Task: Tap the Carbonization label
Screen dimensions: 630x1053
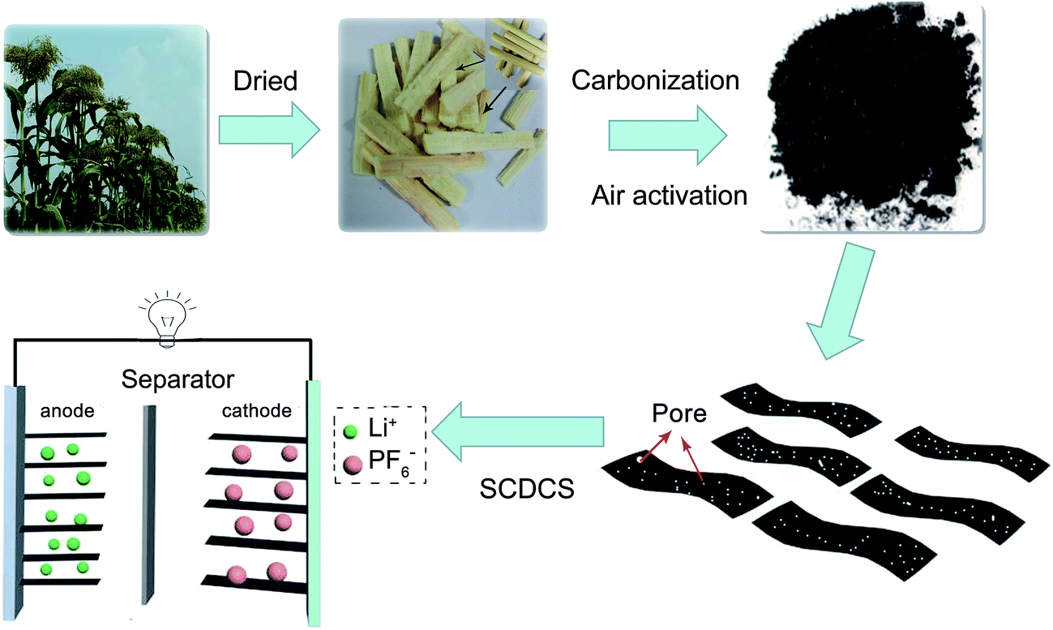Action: click(x=654, y=81)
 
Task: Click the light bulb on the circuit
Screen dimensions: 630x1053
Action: click(x=167, y=327)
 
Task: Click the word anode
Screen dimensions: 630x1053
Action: click(x=67, y=411)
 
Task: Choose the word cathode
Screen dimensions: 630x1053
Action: click(x=256, y=411)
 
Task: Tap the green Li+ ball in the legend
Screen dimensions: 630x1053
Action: click(x=350, y=433)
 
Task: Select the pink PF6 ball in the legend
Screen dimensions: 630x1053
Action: click(x=352, y=464)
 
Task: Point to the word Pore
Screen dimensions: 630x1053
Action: click(x=679, y=414)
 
